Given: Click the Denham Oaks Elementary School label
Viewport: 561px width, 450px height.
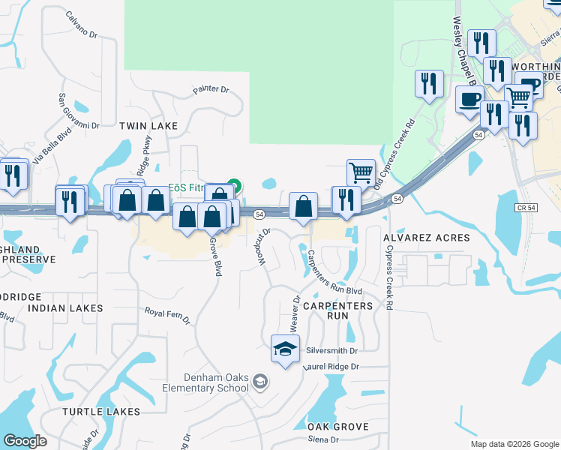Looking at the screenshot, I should (207, 382).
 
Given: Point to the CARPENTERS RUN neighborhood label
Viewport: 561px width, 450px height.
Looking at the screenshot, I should (338, 310).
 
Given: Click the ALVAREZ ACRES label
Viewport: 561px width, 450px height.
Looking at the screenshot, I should (426, 238).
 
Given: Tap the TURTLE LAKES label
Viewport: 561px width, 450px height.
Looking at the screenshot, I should (101, 412).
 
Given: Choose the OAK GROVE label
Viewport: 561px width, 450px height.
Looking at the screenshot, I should (338, 427).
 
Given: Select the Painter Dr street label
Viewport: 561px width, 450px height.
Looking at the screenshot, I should (210, 89).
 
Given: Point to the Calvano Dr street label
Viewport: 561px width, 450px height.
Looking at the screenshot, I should (82, 25).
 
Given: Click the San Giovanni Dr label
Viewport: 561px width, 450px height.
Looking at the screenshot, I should (79, 110).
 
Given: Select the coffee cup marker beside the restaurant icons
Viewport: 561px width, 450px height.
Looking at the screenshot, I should (470, 100).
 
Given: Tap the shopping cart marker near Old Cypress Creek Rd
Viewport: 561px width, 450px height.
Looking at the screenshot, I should (361, 172).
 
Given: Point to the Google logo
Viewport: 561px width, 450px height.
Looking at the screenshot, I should (25, 441).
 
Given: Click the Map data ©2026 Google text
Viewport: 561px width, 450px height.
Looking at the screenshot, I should (515, 444).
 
